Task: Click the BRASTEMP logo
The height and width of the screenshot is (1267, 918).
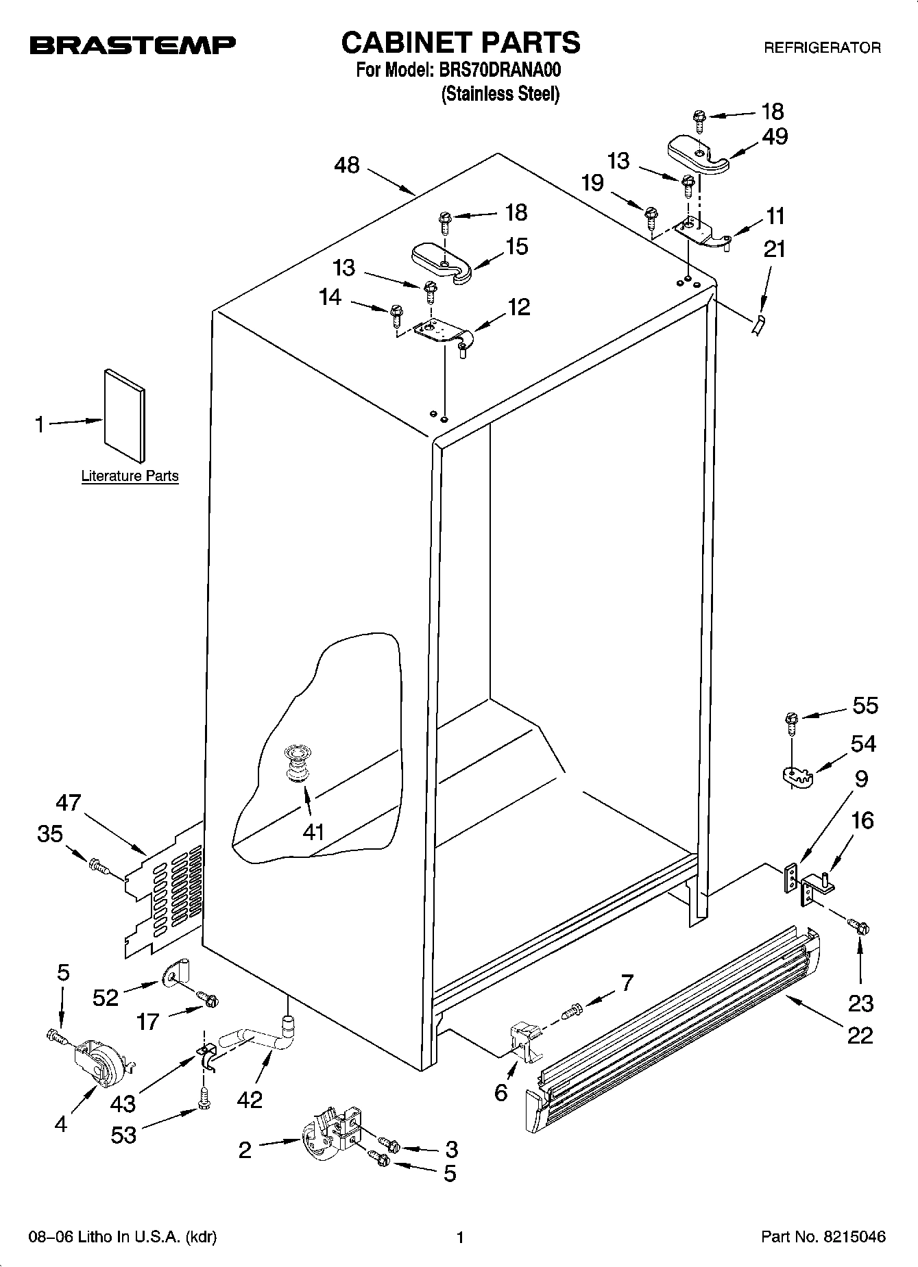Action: tap(132, 45)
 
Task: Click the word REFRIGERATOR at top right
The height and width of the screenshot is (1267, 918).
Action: tap(822, 48)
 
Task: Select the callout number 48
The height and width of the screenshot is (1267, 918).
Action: tap(347, 165)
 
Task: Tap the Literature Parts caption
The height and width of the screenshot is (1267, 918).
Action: tap(130, 476)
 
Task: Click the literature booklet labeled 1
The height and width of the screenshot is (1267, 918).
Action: tap(124, 416)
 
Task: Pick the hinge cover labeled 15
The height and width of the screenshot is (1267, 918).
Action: tap(442, 261)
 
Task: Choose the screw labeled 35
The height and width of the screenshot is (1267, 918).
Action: tap(98, 867)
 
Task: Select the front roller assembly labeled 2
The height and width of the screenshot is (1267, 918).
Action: tap(328, 1133)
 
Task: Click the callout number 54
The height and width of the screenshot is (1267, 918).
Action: tap(862, 743)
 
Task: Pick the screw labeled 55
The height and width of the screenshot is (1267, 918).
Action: tap(790, 719)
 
